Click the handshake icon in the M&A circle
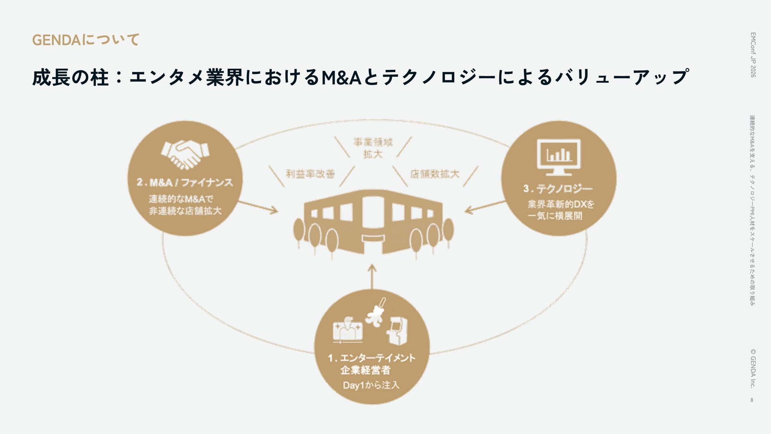[x=185, y=154]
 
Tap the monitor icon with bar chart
[x=559, y=157]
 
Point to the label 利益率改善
[x=310, y=174]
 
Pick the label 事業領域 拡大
[x=373, y=148]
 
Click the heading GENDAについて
[x=86, y=40]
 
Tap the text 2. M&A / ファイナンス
[x=185, y=182]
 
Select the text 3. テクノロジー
[x=558, y=188]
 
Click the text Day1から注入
[x=371, y=385]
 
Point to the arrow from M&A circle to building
[x=258, y=207]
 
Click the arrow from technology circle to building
[x=485, y=207]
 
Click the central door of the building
[x=373, y=213]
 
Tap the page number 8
[x=752, y=400]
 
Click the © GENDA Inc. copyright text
[x=753, y=368]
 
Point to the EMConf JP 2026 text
[x=753, y=55]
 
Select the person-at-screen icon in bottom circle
[x=347, y=330]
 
